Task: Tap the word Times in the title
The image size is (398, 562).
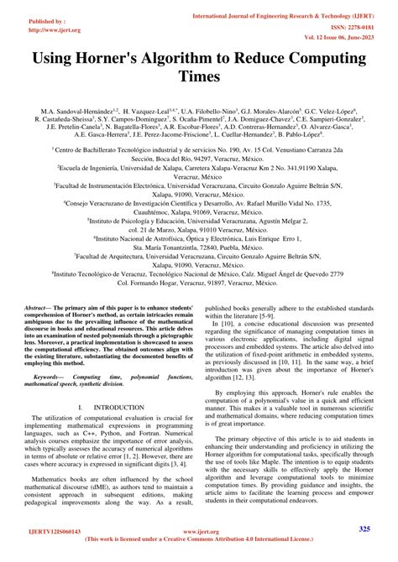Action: click(198, 77)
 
